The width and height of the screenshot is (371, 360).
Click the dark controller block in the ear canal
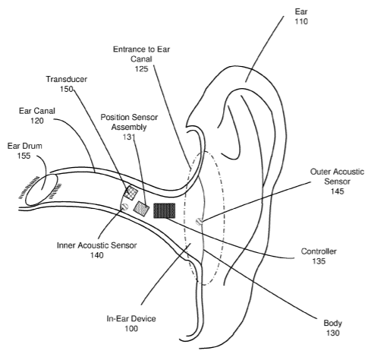[x=164, y=210]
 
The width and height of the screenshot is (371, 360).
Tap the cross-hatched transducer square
[x=130, y=193]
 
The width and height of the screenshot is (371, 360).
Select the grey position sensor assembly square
[x=141, y=209]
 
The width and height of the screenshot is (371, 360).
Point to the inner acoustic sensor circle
[x=124, y=207]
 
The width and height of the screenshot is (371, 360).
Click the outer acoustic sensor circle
[x=199, y=222]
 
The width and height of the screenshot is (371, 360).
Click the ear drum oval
[x=41, y=189]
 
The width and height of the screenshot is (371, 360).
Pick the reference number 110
[x=301, y=21]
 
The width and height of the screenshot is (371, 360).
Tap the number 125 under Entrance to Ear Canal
[x=141, y=69]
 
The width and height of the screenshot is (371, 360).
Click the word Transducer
[x=67, y=79]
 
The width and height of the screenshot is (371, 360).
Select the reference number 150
[x=67, y=89]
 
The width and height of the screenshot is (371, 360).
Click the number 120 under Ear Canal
[x=37, y=121]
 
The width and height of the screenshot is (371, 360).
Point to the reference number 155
[x=24, y=156]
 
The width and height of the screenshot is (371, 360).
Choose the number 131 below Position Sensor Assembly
[x=129, y=137]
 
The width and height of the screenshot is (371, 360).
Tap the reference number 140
[x=97, y=255]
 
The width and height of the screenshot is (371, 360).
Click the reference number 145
[x=338, y=191]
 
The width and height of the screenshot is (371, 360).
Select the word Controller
[x=319, y=251]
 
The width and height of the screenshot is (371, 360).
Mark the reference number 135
[x=319, y=261]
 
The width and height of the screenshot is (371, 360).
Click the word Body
[x=333, y=324]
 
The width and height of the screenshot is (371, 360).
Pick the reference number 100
[x=131, y=329]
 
